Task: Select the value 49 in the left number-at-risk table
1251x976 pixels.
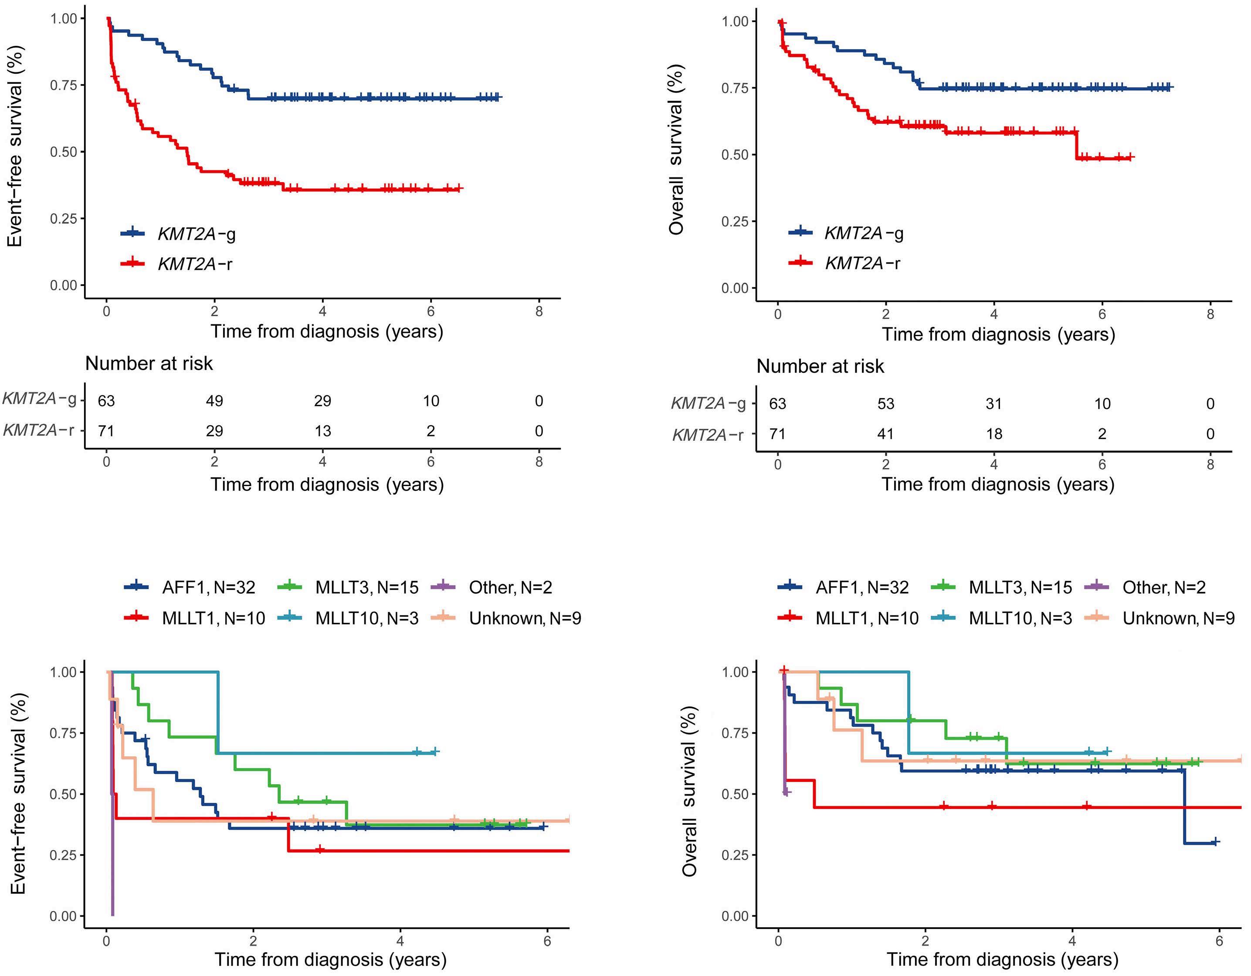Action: pos(214,401)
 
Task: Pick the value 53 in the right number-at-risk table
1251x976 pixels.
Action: pos(885,404)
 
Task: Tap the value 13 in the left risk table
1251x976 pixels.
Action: pos(322,431)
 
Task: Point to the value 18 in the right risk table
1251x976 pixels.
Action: pos(994,434)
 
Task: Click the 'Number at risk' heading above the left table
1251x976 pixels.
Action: pos(149,364)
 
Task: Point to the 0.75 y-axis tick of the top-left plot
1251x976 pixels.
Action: pos(64,85)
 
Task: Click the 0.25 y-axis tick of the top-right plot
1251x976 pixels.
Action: pos(734,221)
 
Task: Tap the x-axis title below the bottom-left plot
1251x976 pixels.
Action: pos(331,959)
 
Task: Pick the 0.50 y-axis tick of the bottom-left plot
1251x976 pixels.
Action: pos(64,794)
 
